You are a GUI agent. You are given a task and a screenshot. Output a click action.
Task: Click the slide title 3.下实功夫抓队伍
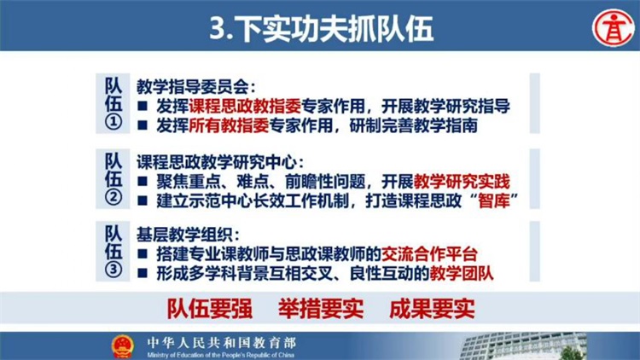click(321, 28)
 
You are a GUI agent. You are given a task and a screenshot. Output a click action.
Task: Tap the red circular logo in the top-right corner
click(613, 28)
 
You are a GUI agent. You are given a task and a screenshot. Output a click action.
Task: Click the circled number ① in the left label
click(113, 122)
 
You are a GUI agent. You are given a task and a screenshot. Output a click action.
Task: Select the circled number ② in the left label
click(113, 197)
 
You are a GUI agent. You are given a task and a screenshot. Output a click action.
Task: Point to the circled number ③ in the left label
click(113, 270)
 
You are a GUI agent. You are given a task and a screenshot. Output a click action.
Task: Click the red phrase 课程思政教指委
click(245, 106)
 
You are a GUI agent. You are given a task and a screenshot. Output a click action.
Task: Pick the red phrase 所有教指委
click(229, 125)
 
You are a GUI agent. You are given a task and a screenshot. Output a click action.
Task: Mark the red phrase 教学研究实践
click(462, 181)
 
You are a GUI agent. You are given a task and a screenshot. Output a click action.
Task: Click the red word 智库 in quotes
click(494, 200)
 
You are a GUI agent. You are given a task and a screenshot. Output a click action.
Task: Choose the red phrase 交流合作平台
click(429, 254)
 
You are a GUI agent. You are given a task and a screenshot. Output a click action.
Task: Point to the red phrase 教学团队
click(462, 273)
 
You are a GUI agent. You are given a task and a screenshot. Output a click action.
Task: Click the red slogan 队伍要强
click(210, 309)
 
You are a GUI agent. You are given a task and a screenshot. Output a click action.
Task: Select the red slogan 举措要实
click(321, 309)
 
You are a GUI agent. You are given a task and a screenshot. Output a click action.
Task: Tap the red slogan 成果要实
click(432, 309)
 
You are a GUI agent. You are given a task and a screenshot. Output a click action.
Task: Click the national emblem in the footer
click(122, 346)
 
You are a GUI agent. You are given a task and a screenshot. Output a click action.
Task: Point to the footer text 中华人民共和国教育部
click(222, 342)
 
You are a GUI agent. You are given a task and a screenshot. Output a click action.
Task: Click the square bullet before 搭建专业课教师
click(142, 254)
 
